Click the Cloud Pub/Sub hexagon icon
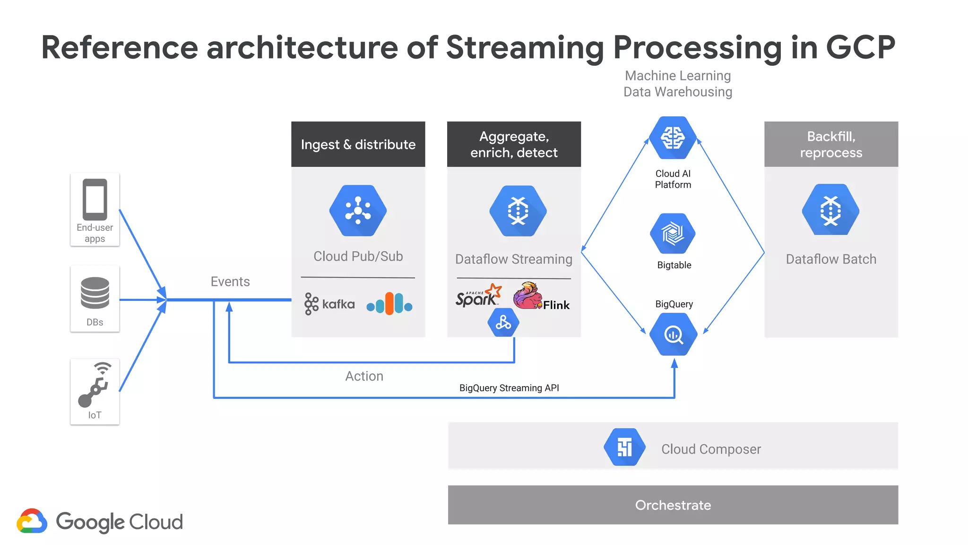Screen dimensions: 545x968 click(x=358, y=211)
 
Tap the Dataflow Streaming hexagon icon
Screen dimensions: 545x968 click(x=518, y=211)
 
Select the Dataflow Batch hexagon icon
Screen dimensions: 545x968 click(x=830, y=210)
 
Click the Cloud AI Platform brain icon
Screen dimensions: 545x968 click(x=673, y=138)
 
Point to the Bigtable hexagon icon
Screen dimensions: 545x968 click(x=673, y=233)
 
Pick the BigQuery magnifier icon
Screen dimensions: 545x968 click(x=673, y=334)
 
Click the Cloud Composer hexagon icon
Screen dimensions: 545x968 click(x=624, y=447)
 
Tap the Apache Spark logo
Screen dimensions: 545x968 click(x=478, y=296)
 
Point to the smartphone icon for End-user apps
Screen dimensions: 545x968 click(x=95, y=199)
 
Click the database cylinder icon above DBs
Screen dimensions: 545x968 click(x=95, y=293)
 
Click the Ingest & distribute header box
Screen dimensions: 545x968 click(x=358, y=144)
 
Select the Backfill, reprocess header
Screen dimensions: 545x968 click(x=831, y=144)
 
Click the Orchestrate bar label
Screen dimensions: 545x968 click(x=673, y=505)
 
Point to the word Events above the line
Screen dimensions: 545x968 click(x=230, y=281)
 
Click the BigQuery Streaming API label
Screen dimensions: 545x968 click(x=509, y=388)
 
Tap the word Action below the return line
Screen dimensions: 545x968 click(x=364, y=376)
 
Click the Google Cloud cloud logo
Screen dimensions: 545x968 click(x=32, y=521)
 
